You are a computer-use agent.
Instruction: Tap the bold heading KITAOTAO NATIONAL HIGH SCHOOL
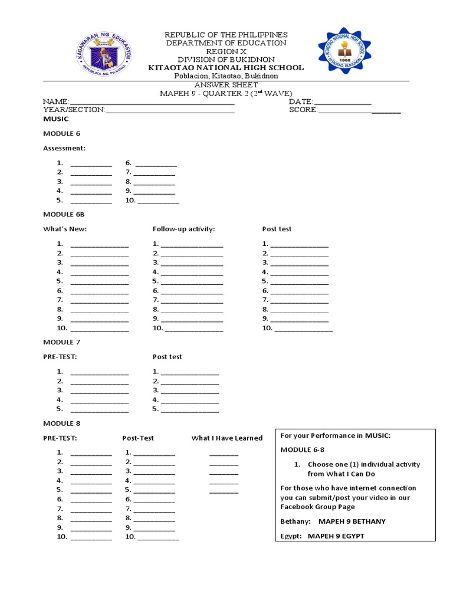[x=226, y=68]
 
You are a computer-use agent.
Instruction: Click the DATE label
[x=300, y=102]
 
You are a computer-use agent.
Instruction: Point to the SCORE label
[x=303, y=110]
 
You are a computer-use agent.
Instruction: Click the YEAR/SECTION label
[x=74, y=110]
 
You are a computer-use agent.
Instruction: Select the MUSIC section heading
[x=56, y=119]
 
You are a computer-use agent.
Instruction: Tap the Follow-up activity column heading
[x=183, y=229]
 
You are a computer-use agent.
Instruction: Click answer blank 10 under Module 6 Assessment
[x=158, y=201]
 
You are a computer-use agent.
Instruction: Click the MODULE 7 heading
[x=61, y=342]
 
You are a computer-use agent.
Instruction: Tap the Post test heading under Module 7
[x=167, y=357]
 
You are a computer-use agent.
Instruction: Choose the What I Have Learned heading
[x=226, y=438]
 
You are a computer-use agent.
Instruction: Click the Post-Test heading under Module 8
[x=138, y=438]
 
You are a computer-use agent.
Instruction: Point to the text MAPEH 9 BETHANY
[x=352, y=521]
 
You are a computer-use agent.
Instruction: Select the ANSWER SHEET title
[x=226, y=85]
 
